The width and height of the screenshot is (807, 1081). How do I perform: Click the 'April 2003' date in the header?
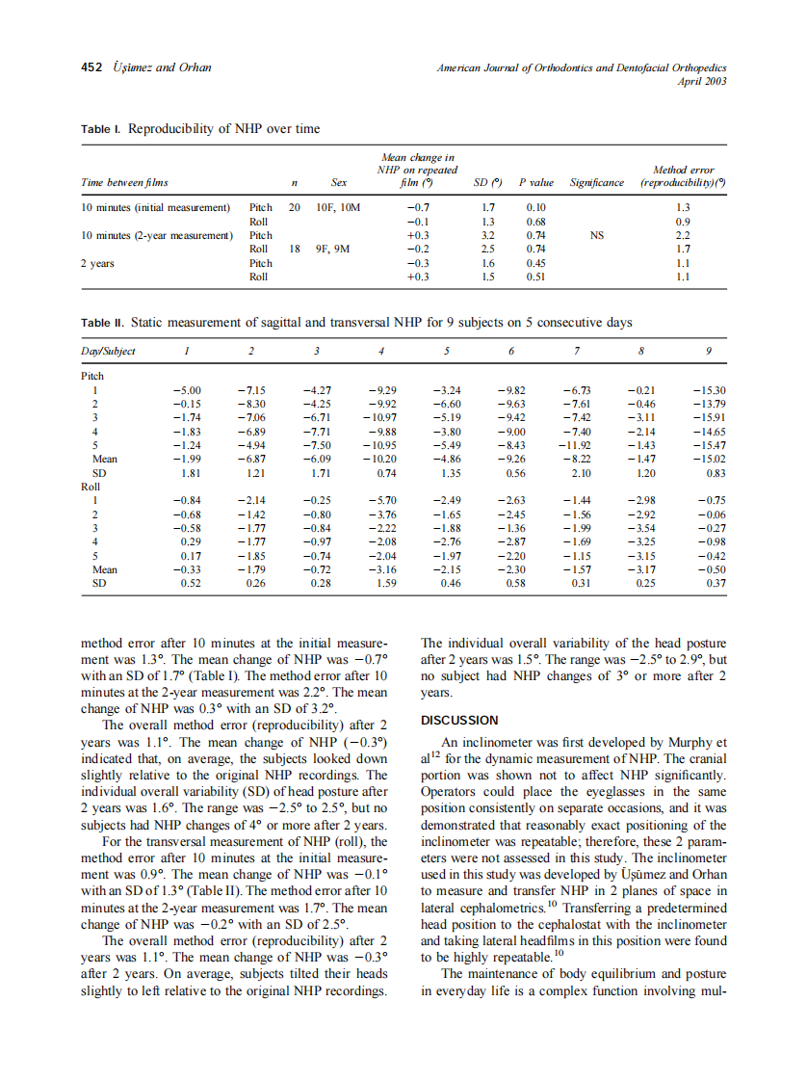point(703,81)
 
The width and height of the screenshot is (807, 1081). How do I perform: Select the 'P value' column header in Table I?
point(535,182)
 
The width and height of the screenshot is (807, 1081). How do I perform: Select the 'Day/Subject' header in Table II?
point(109,351)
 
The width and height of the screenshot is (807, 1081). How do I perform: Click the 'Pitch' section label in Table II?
point(93,376)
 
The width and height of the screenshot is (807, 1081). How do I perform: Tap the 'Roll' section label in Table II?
point(91,487)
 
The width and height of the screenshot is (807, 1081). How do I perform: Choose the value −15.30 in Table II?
point(709,390)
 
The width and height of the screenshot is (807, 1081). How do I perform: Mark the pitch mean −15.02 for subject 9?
point(709,460)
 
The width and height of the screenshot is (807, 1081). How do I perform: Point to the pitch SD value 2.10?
point(581,473)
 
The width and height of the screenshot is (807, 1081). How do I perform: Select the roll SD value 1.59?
point(385,583)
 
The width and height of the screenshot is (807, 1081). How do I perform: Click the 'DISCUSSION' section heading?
point(459,720)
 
